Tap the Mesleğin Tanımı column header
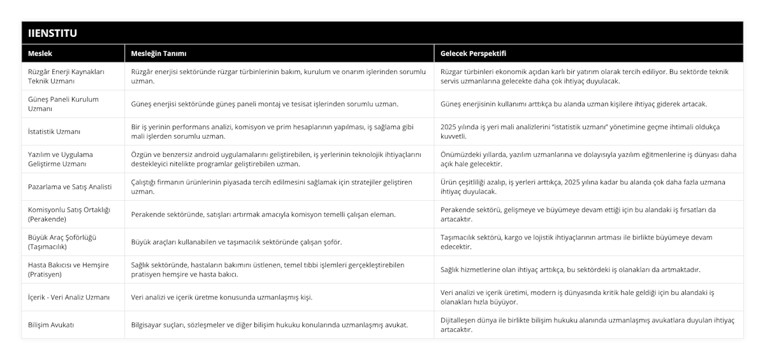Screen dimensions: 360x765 click(159, 53)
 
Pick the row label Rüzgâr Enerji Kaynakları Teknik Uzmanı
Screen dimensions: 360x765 click(68, 76)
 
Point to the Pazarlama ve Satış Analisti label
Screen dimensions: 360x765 click(70, 187)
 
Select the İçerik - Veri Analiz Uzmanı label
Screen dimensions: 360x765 click(69, 297)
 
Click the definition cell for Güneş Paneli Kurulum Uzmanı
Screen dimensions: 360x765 click(265, 104)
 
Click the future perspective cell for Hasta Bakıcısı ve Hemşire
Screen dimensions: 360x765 click(571, 270)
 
